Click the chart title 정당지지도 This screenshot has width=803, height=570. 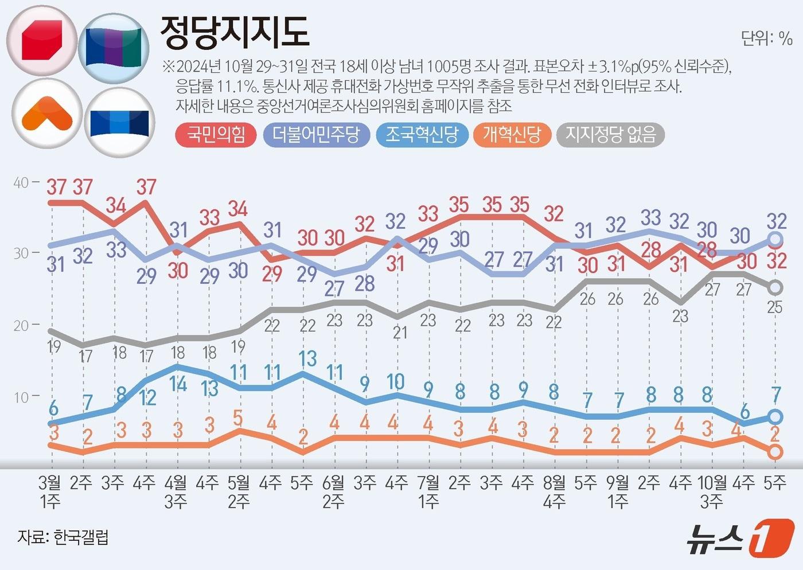[x=235, y=32]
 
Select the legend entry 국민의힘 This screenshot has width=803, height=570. [x=216, y=135]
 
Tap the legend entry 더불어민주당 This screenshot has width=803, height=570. [x=316, y=135]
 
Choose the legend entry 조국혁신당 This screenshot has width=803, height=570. [x=422, y=135]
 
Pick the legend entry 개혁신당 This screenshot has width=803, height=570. [x=512, y=135]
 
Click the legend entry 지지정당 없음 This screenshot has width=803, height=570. [x=610, y=135]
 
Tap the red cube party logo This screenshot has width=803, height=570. [x=42, y=42]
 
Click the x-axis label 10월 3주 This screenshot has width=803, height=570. [x=712, y=492]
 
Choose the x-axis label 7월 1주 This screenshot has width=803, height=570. [x=428, y=492]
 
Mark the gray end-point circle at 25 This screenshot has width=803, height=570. [x=775, y=287]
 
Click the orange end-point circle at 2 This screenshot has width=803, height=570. [x=775, y=452]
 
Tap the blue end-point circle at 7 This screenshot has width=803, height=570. [x=775, y=416]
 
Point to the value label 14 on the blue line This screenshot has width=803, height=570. [x=178, y=384]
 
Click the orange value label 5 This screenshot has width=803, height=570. [x=238, y=417]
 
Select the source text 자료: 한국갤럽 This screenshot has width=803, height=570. [x=63, y=537]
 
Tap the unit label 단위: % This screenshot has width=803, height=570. [x=766, y=38]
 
